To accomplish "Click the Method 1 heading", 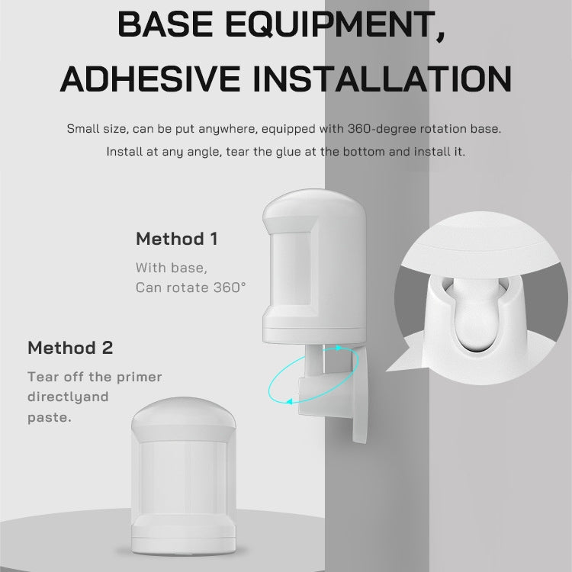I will (x=176, y=239).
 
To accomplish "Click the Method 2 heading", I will (x=70, y=349).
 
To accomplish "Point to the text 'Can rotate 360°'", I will (x=191, y=288).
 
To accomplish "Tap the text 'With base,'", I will (x=172, y=268).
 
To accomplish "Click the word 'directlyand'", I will (x=68, y=397).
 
